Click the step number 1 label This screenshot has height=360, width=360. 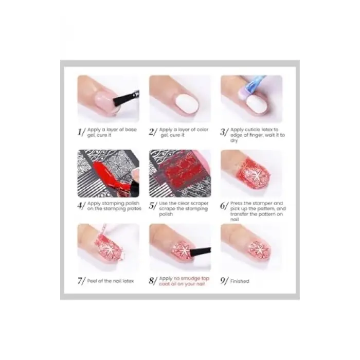click(81, 132)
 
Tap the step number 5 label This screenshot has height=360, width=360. click(153, 206)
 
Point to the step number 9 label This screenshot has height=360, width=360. click(224, 281)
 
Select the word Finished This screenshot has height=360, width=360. click(240, 281)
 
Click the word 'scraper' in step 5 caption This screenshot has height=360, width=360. click(199, 204)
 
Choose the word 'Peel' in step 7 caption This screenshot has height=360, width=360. click(92, 281)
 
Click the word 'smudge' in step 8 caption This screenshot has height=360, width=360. click(190, 279)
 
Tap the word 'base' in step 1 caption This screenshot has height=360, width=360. click(131, 130)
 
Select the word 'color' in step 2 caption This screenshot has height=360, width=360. click(203, 130)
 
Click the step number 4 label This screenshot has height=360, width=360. click(81, 206)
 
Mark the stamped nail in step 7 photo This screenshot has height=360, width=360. click(110, 247)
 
